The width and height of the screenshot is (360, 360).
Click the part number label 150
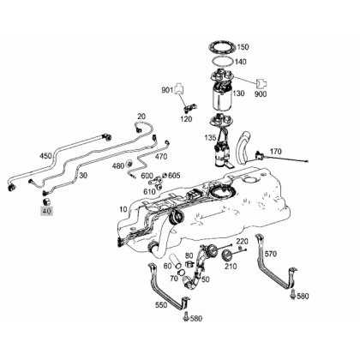pyautogui.click(x=243, y=47)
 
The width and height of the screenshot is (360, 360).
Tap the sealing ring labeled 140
pyautogui.click(x=223, y=58)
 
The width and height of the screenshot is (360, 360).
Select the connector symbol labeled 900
pyautogui.click(x=261, y=83)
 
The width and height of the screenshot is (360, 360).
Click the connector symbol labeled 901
pyautogui.click(x=178, y=88)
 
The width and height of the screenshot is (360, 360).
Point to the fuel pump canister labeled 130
pyautogui.click(x=222, y=96)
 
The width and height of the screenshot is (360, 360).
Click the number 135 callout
pyautogui.click(x=210, y=138)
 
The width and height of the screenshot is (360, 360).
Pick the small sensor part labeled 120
pyautogui.click(x=189, y=107)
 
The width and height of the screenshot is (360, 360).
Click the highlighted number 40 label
pyautogui.click(x=46, y=211)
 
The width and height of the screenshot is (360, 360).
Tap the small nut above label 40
pyautogui.click(x=46, y=201)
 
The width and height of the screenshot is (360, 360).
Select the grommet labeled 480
pyautogui.click(x=129, y=164)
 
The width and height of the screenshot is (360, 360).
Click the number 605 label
pyautogui.click(x=174, y=175)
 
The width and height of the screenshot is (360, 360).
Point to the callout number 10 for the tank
pyautogui.click(x=123, y=209)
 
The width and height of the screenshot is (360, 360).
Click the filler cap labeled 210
pyautogui.click(x=227, y=255)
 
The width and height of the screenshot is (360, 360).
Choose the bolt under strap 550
pyautogui.click(x=186, y=316)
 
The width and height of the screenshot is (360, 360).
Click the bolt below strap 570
pyautogui.click(x=292, y=294)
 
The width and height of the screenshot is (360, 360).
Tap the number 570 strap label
pyautogui.click(x=271, y=254)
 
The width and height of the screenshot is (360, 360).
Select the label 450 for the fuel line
pyautogui.click(x=45, y=156)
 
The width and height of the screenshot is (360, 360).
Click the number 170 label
pyautogui.click(x=275, y=151)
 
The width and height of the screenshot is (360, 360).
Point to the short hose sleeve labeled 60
pyautogui.click(x=177, y=261)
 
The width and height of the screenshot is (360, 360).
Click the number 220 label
pyautogui.click(x=242, y=242)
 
